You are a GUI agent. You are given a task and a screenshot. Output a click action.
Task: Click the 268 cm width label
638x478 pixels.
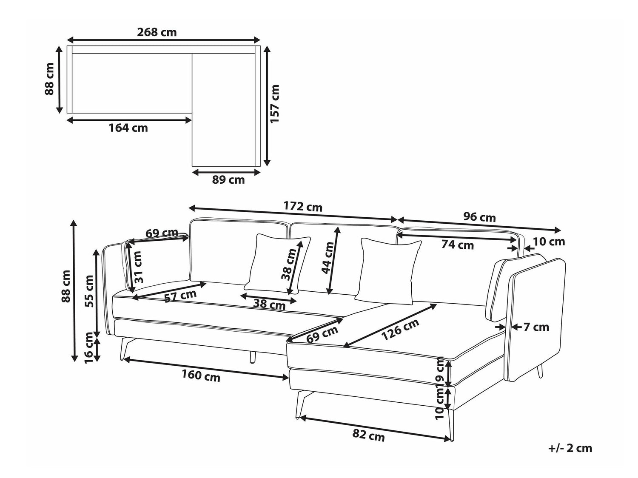point(157,32)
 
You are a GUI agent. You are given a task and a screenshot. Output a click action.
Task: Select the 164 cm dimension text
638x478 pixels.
point(128,128)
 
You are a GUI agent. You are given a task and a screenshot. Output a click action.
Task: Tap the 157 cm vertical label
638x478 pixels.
point(274,104)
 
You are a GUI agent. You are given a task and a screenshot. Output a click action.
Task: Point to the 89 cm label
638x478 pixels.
point(228,180)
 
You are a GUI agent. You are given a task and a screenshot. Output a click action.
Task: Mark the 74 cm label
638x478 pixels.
point(458,245)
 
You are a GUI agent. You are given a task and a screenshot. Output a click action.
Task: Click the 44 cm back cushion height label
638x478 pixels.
point(328,258)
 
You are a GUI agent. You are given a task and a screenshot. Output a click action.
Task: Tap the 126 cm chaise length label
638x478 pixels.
point(400,329)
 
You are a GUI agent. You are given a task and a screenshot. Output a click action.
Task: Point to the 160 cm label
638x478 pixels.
point(201,375)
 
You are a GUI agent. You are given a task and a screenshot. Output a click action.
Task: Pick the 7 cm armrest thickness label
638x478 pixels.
point(536,327)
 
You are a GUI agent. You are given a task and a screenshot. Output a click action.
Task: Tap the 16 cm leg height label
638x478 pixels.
point(88,348)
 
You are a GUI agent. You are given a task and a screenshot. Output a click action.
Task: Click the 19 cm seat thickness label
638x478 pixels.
point(441,371)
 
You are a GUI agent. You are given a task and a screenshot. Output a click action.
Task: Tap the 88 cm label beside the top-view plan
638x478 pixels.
point(49,79)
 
